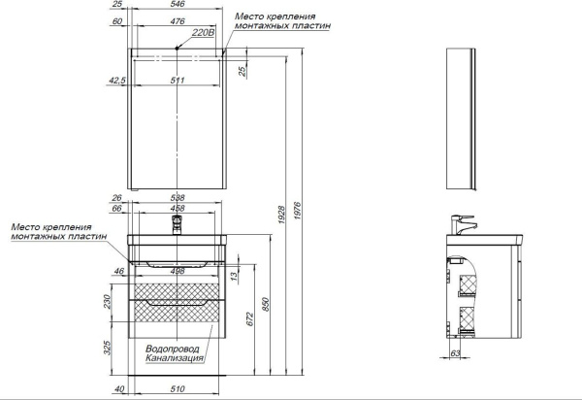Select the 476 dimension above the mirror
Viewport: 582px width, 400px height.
(178, 20)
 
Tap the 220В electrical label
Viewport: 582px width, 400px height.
(203, 34)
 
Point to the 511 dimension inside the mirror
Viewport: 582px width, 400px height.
(178, 81)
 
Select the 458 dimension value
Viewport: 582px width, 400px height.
(178, 208)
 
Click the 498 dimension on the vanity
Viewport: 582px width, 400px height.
(178, 273)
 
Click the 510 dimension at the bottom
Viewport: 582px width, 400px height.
(178, 391)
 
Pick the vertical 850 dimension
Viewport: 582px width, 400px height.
(269, 303)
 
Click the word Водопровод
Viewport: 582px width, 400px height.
(173, 349)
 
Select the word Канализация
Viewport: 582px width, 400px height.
(175, 359)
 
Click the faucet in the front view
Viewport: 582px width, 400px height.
(177, 226)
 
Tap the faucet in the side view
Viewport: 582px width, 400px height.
(462, 222)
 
